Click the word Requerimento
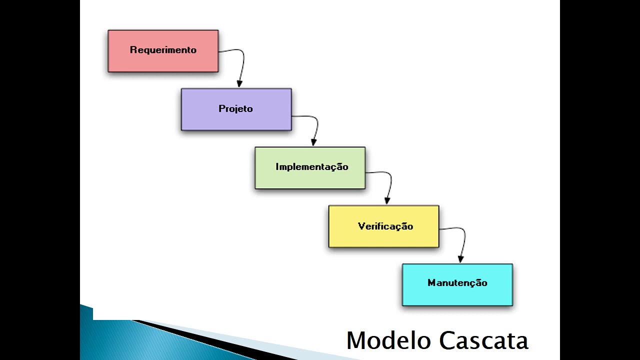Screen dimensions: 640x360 click(x=163, y=50)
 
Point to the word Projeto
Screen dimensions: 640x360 click(x=235, y=108)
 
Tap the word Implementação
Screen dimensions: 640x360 click(x=311, y=167)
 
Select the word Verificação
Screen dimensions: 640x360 click(x=385, y=226)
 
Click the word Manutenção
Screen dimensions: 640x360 click(x=457, y=283)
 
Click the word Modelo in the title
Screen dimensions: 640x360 click(x=389, y=340)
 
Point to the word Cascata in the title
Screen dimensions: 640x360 click(x=483, y=340)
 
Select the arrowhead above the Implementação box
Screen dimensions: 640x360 click(x=313, y=142)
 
